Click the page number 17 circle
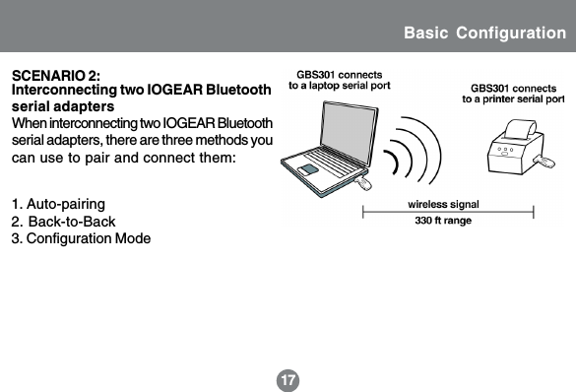(x=288, y=378)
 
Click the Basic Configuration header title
(x=484, y=33)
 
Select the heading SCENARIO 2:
(x=54, y=76)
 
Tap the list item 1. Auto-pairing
(x=57, y=204)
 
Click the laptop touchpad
(x=311, y=170)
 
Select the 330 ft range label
(x=442, y=221)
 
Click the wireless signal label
(x=443, y=203)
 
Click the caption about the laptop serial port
(x=339, y=80)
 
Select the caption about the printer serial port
(x=513, y=94)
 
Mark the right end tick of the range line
(x=533, y=210)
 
